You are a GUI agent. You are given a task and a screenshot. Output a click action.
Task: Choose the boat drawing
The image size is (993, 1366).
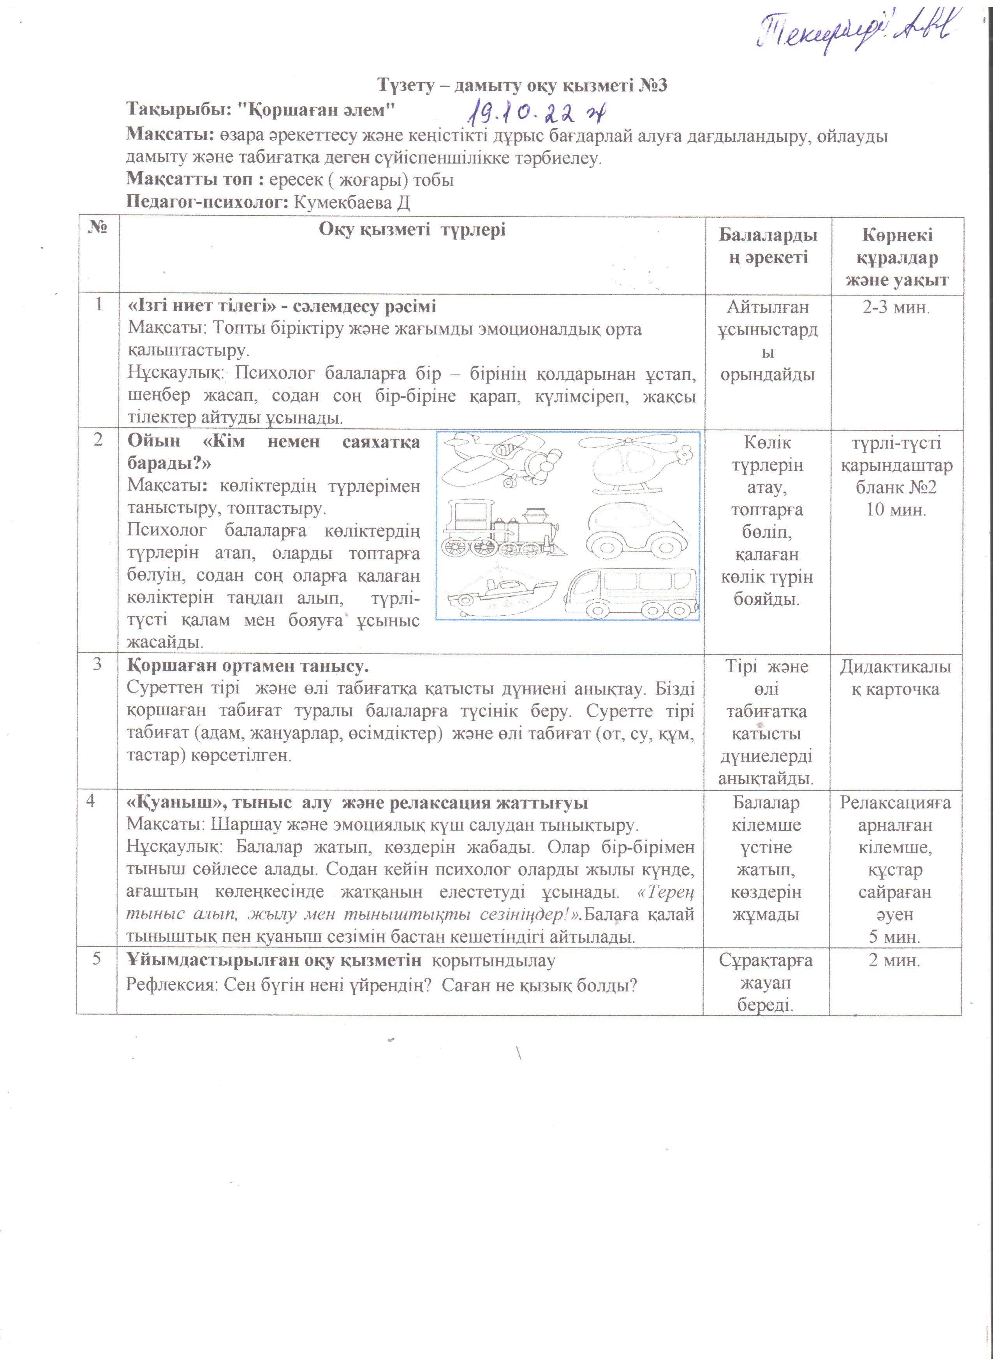[x=502, y=593]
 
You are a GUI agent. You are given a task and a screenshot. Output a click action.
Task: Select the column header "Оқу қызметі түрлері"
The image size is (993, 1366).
[x=412, y=229]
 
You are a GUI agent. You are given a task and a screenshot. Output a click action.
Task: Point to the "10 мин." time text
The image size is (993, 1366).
[x=896, y=510]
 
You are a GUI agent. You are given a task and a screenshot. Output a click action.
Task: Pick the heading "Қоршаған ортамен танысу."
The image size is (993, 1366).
[x=248, y=667]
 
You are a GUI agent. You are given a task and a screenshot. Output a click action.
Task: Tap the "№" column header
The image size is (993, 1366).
[x=98, y=228]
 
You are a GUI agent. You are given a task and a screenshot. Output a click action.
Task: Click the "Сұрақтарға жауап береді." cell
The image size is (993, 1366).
[x=765, y=982]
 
